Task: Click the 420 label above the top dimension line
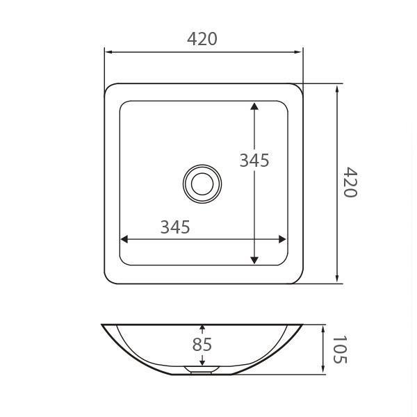tap(202, 39)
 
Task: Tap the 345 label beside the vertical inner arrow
tap(254, 161)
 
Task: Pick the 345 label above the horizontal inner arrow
tap(175, 227)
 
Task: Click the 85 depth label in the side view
tap(202, 345)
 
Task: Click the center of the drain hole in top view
tap(202, 183)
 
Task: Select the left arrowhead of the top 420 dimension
tap(108, 51)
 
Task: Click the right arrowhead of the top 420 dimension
tap(299, 51)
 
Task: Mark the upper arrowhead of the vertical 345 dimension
tap(254, 106)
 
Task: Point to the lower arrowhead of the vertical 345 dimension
tap(254, 260)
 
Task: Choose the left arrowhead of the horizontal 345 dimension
tap(124, 239)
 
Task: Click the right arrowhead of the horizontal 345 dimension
tap(282, 239)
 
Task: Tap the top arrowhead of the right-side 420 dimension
tap(338, 88)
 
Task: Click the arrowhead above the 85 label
tap(202, 328)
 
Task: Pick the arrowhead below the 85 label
tap(202, 361)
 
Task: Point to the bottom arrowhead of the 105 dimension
tap(324, 370)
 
